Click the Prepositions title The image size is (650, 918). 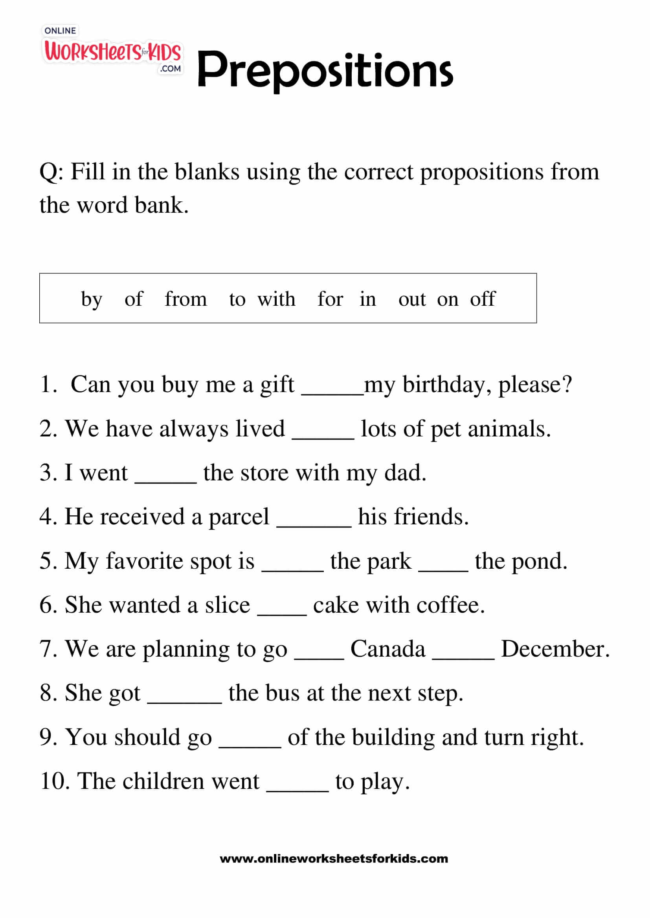(325, 70)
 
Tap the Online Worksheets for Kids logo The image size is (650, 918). (112, 51)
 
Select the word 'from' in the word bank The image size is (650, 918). (186, 299)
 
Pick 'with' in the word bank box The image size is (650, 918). (276, 299)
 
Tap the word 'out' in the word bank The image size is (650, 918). (411, 299)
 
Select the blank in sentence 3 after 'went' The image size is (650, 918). (166, 481)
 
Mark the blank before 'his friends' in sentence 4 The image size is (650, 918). (314, 525)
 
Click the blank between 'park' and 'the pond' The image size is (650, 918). (443, 570)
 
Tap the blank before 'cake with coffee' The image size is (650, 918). (282, 614)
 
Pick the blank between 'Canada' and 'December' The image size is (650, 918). (463, 658)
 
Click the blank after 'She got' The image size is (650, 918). (185, 702)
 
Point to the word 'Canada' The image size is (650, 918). (387, 649)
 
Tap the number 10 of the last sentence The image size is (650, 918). (55, 781)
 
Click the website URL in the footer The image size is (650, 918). (334, 858)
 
